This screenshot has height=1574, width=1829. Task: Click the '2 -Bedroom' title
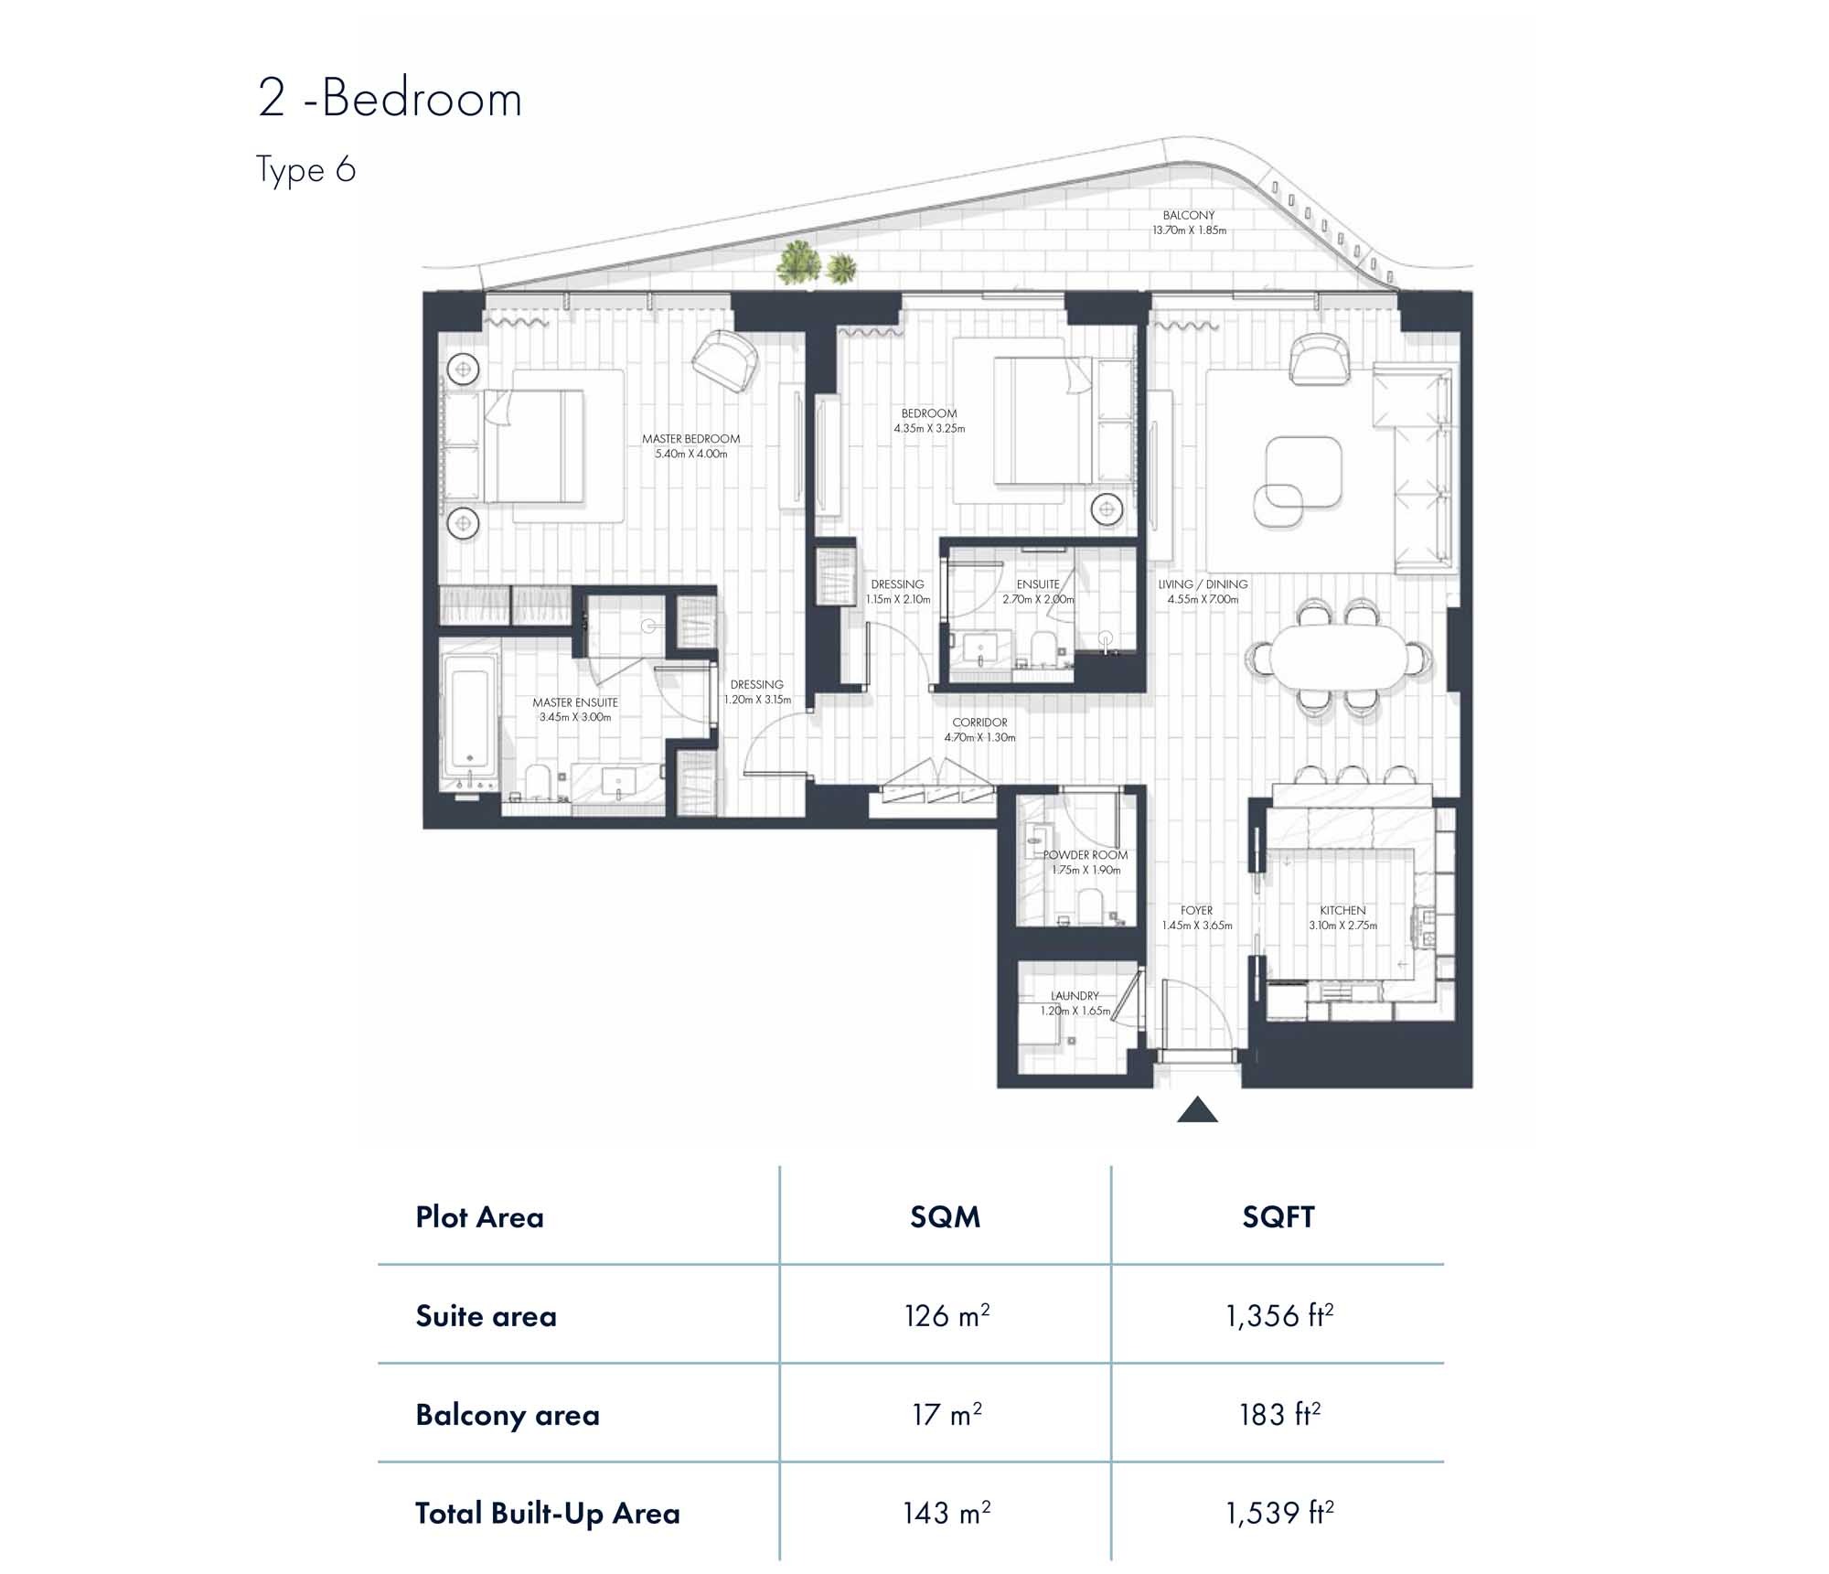[390, 99]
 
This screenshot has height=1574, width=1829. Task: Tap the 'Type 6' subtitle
[305, 170]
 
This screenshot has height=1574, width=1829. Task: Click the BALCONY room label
[1189, 216]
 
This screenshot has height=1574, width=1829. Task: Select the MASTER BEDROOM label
[690, 439]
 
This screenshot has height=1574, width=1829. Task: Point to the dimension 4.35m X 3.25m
[929, 428]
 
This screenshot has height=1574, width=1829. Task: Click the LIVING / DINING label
[1203, 584]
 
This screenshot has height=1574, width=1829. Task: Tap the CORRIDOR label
[979, 723]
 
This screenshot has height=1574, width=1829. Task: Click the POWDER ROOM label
[1086, 855]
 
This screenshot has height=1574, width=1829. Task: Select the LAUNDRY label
[1075, 996]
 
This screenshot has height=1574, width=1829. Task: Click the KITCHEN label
[1342, 911]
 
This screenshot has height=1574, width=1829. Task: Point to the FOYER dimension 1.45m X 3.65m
[1196, 926]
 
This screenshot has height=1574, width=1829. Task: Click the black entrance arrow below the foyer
[1197, 1111]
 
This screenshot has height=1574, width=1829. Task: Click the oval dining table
[1337, 656]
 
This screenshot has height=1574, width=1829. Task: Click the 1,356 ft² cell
[1278, 1316]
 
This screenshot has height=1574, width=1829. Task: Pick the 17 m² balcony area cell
[947, 1415]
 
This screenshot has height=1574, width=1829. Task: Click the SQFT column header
[1278, 1217]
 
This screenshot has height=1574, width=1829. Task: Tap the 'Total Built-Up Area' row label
[547, 1514]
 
